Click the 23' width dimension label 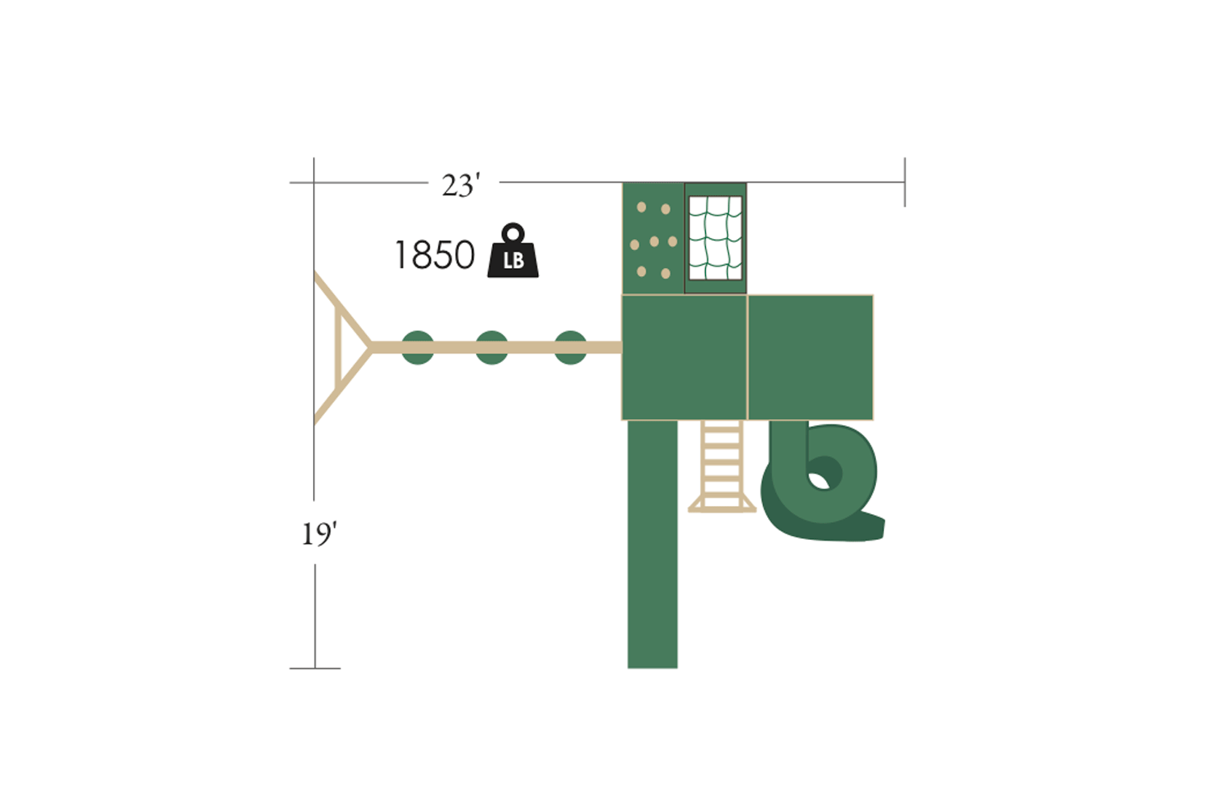461,186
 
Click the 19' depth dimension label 319,534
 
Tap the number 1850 435,254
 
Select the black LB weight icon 512,250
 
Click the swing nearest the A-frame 418,348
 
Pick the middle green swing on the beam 491,348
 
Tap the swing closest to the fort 570,348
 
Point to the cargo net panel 716,238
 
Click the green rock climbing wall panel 653,238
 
